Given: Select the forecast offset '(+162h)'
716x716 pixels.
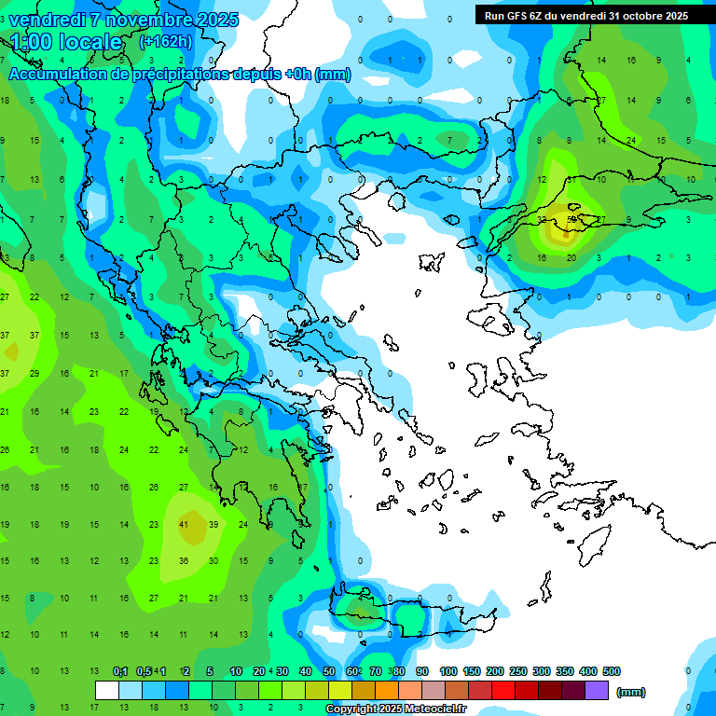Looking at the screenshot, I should [166, 42].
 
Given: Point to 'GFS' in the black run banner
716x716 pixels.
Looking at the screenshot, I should [519, 16].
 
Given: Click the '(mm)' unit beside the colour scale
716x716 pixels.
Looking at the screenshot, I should [631, 692].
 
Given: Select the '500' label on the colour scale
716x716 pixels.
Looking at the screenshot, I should [611, 671].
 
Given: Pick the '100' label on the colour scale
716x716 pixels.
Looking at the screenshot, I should [448, 671].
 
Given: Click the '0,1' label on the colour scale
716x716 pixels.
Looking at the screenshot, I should [120, 671].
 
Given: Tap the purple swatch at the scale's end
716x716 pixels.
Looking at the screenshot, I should [598, 690].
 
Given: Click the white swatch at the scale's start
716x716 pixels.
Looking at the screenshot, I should [107, 690].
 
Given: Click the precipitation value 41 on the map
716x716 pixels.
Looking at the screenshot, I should [184, 525].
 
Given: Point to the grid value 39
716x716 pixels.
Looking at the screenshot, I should [213, 525].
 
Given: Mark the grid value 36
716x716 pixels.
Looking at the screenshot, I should [184, 561].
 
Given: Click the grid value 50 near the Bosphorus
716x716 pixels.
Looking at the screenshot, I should [571, 220].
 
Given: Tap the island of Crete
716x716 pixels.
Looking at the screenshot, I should [410, 620].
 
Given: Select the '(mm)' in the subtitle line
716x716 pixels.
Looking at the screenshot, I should [333, 75].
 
